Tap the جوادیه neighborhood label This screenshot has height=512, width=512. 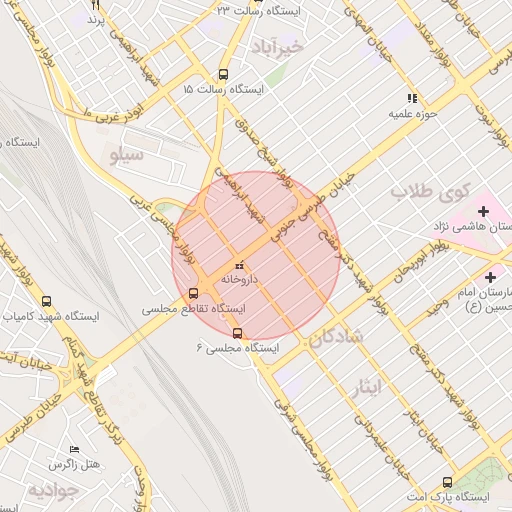pyautogui.click(x=52, y=490)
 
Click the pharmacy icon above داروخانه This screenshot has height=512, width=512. pyautogui.click(x=238, y=265)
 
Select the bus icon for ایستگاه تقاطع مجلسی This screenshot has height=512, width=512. pyautogui.click(x=193, y=293)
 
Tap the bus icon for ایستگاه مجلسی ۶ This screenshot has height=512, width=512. pyautogui.click(x=237, y=333)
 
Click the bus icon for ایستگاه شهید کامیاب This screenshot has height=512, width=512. pyautogui.click(x=46, y=301)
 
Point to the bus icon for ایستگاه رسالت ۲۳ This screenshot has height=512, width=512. pyautogui.click(x=255, y=2)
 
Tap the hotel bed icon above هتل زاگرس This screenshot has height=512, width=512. pyautogui.click(x=74, y=450)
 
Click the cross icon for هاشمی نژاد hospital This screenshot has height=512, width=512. pyautogui.click(x=484, y=211)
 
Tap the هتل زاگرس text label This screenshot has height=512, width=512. pyautogui.click(x=76, y=466)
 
